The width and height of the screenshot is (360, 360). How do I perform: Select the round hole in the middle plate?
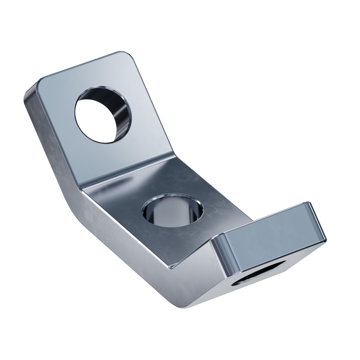[x=173, y=210]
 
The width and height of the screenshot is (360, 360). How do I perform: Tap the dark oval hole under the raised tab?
[x=258, y=273]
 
